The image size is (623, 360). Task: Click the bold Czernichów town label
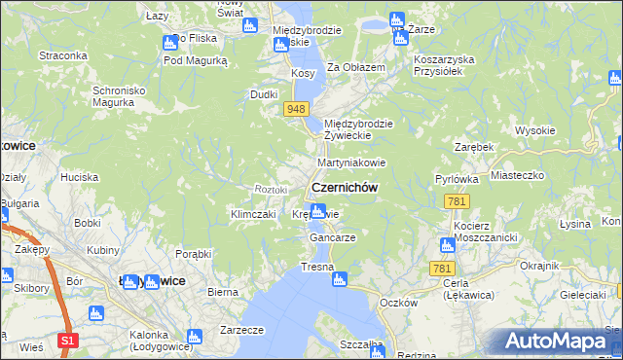tap(344, 187)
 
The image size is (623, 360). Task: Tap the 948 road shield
tap(298, 110)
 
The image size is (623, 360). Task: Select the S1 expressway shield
tap(67, 340)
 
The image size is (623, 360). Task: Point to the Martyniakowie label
tap(351, 162)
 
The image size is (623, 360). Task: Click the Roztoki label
tap(271, 188)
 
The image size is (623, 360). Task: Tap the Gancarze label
tap(331, 237)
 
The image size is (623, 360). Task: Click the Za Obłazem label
tap(356, 67)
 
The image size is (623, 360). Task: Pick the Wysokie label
tap(534, 130)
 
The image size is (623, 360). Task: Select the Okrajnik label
tap(538, 266)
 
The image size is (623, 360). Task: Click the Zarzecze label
tap(242, 330)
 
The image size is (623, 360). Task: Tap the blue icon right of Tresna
tap(339, 280)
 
